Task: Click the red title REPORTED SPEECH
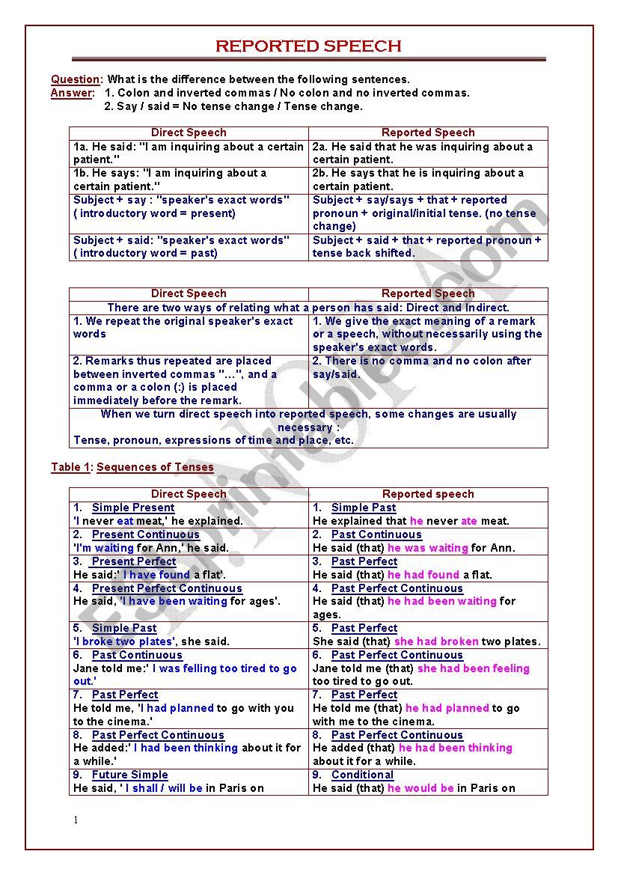coord(308,46)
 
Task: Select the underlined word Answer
coord(72,93)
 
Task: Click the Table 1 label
coord(70,467)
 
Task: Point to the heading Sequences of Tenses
coord(155,467)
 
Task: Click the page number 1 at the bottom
coord(76,820)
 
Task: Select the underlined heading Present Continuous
coord(145,534)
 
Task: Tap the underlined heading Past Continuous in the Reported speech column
coord(376,534)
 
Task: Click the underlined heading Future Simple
coord(129,775)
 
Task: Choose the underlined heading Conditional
coord(362,775)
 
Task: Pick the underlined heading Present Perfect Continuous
coord(167,588)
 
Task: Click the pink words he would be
coord(420,788)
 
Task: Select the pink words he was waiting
coord(427,548)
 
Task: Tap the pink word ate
coord(469,521)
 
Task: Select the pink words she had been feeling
coord(473,668)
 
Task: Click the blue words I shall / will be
coord(164,788)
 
